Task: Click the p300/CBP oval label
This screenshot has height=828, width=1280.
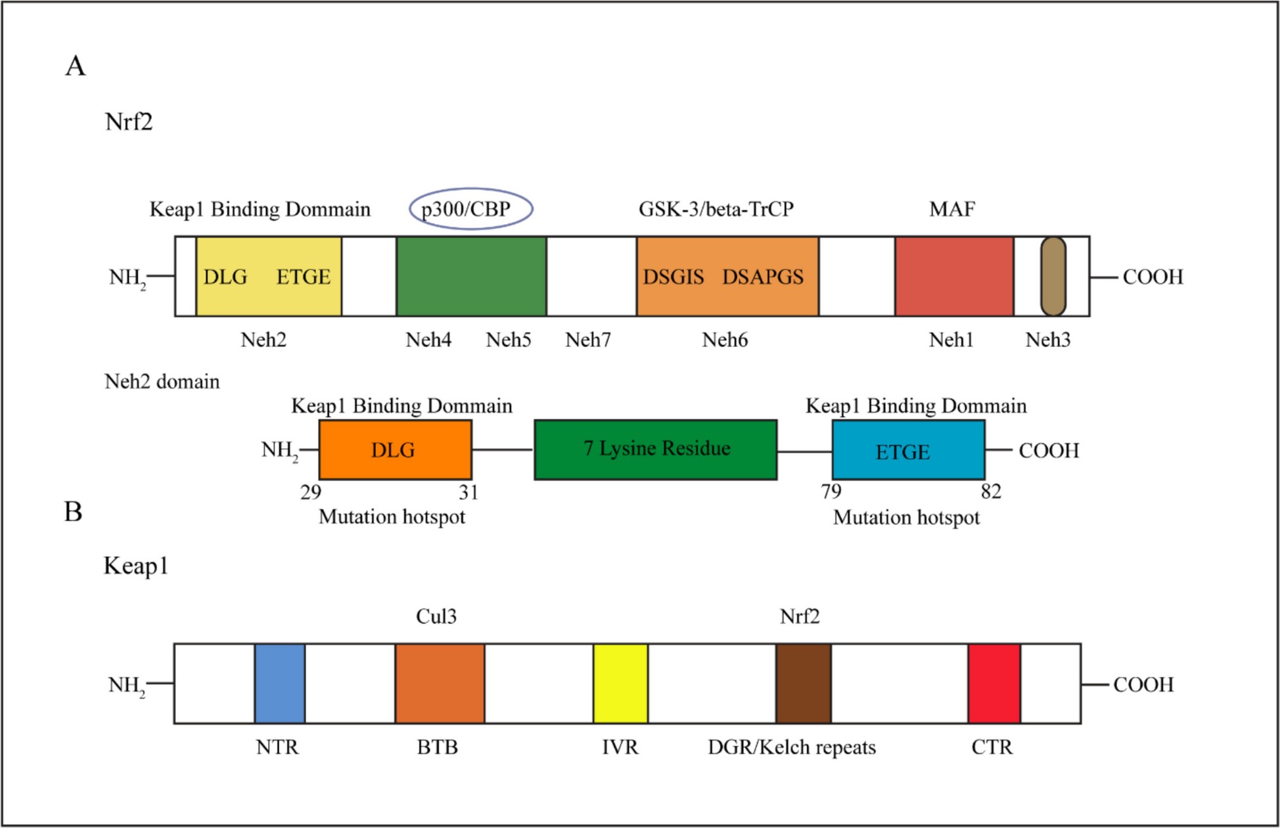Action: click(x=470, y=209)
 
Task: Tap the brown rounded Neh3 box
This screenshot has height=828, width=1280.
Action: click(x=1053, y=277)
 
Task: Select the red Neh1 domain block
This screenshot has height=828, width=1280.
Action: click(x=953, y=277)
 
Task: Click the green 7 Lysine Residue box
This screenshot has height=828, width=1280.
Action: click(x=656, y=449)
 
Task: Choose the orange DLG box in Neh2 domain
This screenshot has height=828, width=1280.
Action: click(x=395, y=449)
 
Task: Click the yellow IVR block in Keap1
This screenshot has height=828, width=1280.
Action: click(x=620, y=683)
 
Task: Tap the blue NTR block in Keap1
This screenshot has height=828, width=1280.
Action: click(x=280, y=683)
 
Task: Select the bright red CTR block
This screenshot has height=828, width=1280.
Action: click(x=994, y=683)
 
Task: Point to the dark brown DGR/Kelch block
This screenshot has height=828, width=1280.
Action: click(x=803, y=683)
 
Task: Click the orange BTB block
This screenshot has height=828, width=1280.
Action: click(x=440, y=683)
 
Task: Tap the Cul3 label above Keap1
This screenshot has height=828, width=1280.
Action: click(x=436, y=616)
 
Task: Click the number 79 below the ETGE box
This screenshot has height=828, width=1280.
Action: click(x=831, y=492)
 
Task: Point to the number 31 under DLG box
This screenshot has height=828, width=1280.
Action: click(x=469, y=492)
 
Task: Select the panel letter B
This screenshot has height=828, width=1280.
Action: click(x=73, y=511)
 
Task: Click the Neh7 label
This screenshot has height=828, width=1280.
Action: click(x=588, y=340)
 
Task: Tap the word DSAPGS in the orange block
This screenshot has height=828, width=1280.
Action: click(x=763, y=277)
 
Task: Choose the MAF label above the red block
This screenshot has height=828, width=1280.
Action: click(x=952, y=209)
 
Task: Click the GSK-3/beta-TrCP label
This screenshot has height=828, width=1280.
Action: click(x=716, y=209)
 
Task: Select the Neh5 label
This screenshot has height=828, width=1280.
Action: click(x=509, y=340)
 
